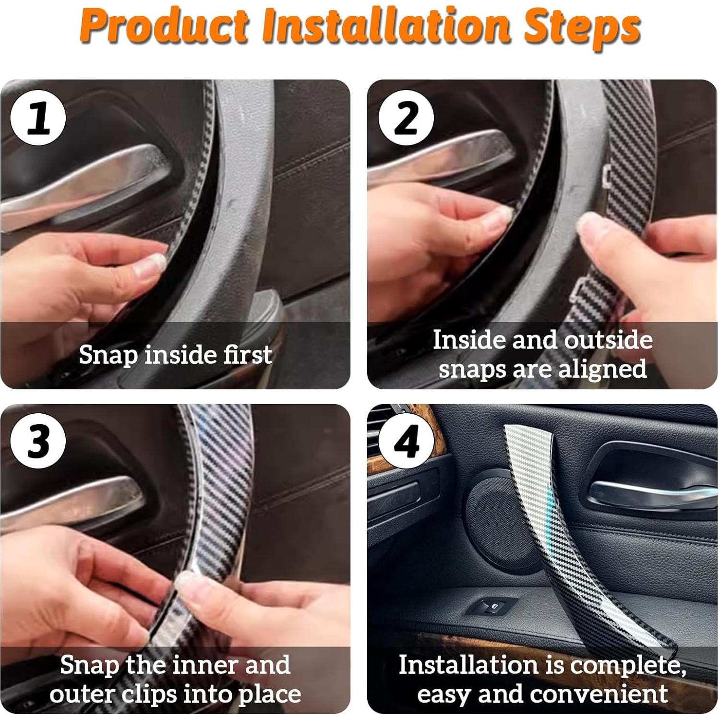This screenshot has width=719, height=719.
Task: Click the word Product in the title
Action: pos(166,28)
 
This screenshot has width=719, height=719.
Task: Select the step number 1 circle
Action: pos(38,118)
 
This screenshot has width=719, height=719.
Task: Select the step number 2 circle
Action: pos(406,118)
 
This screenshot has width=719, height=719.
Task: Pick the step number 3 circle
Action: pos(38,441)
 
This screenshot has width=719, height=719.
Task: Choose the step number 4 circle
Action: pos(406,441)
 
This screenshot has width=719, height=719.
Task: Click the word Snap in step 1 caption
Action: pos(108,356)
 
